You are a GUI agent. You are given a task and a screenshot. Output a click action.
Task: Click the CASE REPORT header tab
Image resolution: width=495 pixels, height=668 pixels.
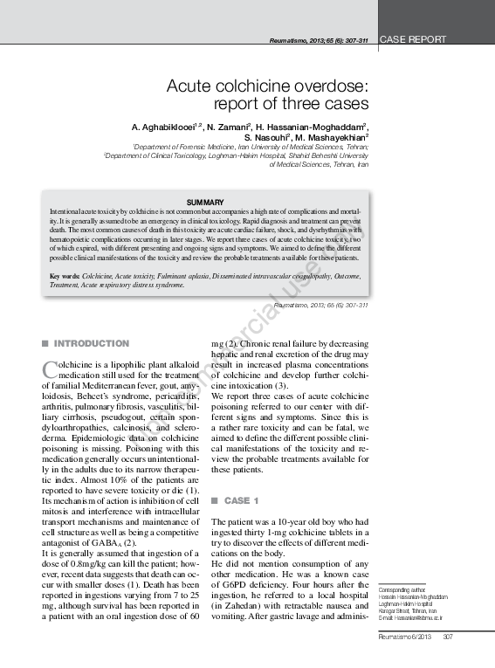coord(415,40)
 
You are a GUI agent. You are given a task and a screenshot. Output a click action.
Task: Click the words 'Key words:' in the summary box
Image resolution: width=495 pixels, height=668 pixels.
coord(65,276)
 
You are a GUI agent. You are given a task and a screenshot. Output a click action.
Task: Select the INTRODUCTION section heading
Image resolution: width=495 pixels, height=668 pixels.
coord(92,343)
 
